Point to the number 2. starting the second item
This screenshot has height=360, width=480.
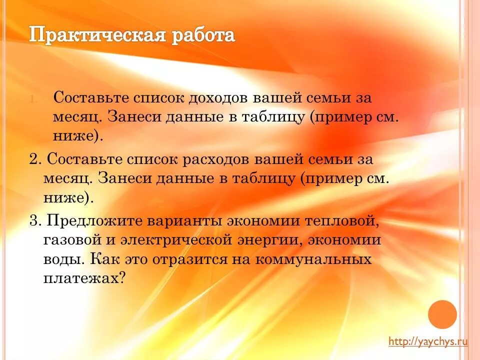click(35, 160)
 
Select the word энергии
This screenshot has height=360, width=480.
click(267, 240)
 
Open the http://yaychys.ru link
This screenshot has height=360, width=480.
click(428, 341)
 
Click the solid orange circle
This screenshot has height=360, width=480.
click(442, 314)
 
